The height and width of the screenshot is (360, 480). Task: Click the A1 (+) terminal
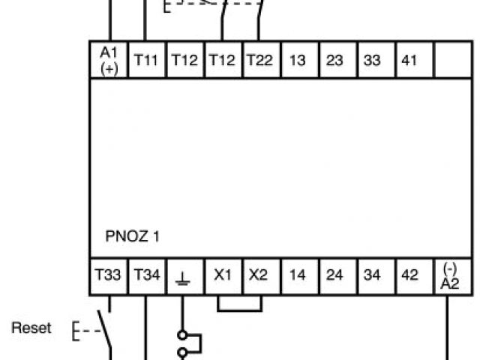pyautogui.click(x=109, y=60)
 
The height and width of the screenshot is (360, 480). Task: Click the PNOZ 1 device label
pyautogui.click(x=132, y=237)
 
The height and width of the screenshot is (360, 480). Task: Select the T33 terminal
pyautogui.click(x=108, y=276)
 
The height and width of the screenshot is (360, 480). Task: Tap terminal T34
pyautogui.click(x=146, y=276)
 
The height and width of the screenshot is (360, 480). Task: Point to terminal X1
pyautogui.click(x=221, y=276)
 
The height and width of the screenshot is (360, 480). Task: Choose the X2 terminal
pyautogui.click(x=259, y=276)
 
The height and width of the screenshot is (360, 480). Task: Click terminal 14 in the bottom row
pyautogui.click(x=297, y=276)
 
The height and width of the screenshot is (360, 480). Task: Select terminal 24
pyautogui.click(x=334, y=276)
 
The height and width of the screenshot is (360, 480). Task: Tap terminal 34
pyautogui.click(x=372, y=276)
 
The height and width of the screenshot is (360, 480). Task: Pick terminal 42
pyautogui.click(x=409, y=276)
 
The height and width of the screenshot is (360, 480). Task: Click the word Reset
pyautogui.click(x=32, y=328)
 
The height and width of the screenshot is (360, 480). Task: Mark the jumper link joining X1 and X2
pyautogui.click(x=240, y=309)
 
